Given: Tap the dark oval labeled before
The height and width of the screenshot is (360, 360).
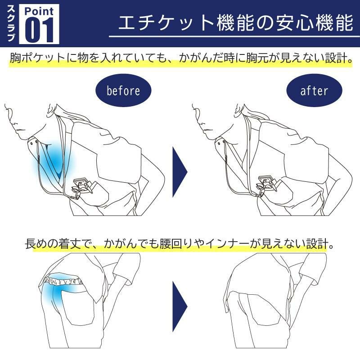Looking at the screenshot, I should point(123,90).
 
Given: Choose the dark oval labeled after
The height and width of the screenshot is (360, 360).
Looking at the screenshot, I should point(314,90).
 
